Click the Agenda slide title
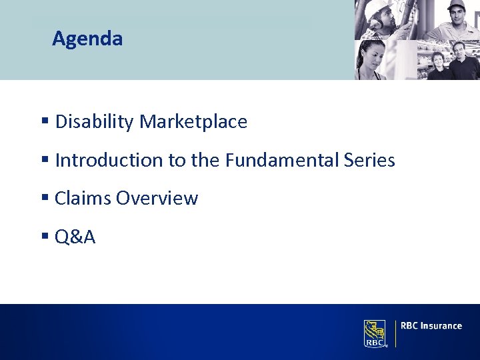click(87, 39)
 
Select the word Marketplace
click(193, 122)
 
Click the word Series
click(369, 161)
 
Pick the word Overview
click(157, 199)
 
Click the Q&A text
click(75, 237)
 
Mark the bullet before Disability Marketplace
click(45, 122)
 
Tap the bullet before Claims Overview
click(45, 199)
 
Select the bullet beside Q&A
click(45, 237)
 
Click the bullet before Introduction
click(45, 161)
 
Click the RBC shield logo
click(375, 333)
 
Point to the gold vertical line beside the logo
click(396, 333)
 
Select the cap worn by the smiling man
click(456, 5)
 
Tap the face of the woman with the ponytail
click(375, 57)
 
